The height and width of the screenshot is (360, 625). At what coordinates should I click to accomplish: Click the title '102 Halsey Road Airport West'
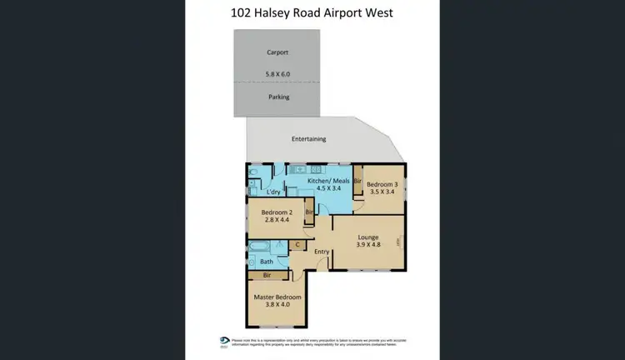(x=312, y=13)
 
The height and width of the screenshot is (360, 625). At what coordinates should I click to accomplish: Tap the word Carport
(x=277, y=52)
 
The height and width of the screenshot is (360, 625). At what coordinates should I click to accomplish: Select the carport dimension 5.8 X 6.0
(x=277, y=72)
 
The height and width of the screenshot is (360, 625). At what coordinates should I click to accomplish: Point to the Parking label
(x=278, y=97)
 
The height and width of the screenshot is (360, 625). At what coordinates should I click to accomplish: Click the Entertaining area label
(x=308, y=139)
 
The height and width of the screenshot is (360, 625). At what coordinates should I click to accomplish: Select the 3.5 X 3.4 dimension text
(x=382, y=192)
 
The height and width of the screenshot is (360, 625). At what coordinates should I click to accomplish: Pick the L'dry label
(x=272, y=192)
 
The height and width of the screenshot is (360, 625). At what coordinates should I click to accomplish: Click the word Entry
(x=323, y=251)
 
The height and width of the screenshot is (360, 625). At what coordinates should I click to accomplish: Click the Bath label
(x=267, y=262)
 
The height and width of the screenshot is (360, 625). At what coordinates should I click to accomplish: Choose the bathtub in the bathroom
(x=260, y=247)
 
